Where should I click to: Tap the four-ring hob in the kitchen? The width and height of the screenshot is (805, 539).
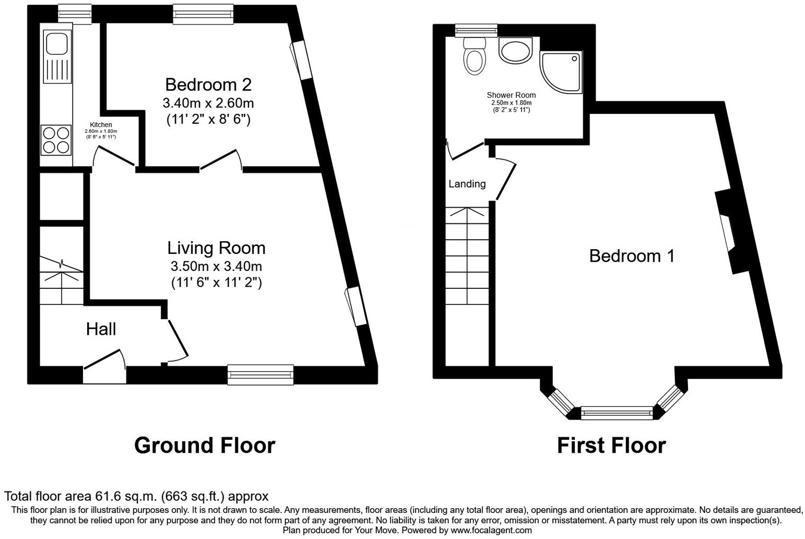tap(56, 140)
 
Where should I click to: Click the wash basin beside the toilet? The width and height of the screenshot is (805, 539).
tap(515, 51)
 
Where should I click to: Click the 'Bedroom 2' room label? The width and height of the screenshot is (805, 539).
tap(208, 85)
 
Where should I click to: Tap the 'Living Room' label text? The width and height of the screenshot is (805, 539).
tap(216, 248)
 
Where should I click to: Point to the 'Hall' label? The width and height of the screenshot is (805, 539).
tap(101, 329)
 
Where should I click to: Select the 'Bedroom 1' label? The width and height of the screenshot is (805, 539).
tap(632, 256)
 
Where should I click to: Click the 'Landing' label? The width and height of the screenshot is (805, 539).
tap(467, 184)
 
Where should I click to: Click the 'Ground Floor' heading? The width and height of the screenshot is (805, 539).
tap(204, 446)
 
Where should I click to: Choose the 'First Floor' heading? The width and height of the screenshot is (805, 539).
tap(611, 446)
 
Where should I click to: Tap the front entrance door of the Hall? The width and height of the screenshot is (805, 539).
tap(104, 363)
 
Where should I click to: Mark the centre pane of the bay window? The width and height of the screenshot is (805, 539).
tap(616, 413)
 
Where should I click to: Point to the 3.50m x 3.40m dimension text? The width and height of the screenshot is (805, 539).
tap(216, 266)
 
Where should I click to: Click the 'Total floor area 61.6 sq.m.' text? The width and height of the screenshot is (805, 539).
tap(136, 496)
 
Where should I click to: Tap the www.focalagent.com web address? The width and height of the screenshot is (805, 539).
tap(491, 530)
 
